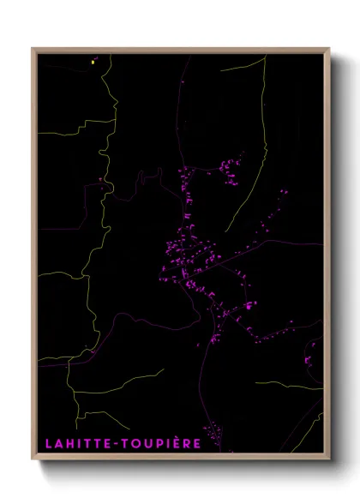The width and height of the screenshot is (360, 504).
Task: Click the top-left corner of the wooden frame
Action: (33, 49)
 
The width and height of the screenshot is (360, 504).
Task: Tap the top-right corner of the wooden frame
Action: (329, 49)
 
